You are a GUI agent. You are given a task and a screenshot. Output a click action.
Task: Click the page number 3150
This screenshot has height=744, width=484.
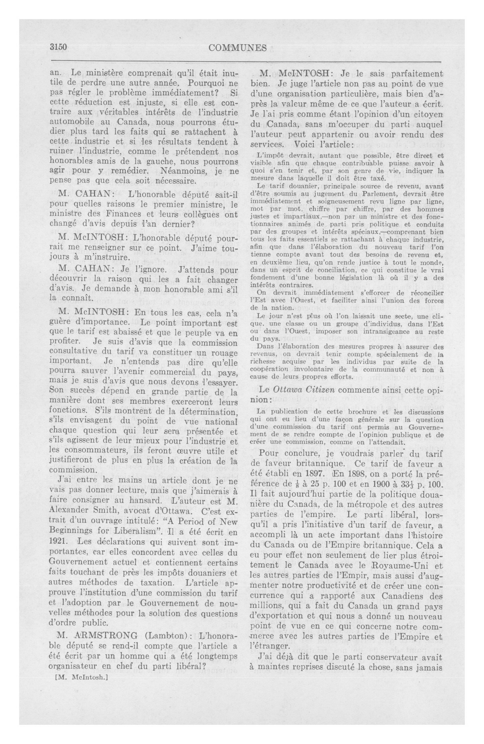(59, 48)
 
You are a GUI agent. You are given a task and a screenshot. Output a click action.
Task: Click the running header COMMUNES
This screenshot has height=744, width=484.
(237, 48)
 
